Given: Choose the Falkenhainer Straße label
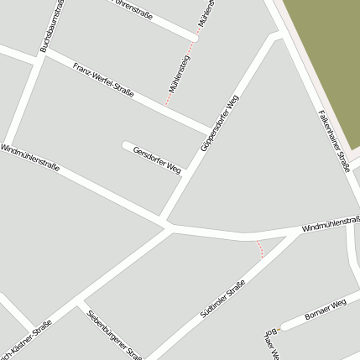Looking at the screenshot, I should coord(333,142).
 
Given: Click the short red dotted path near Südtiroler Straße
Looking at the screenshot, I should coord(260,248).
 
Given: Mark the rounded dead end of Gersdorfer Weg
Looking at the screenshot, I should coord(128,145).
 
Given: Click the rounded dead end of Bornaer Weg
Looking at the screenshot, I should coord(284,325).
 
